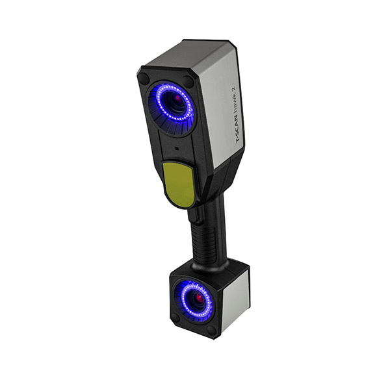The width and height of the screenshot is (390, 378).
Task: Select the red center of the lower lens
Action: [198, 297]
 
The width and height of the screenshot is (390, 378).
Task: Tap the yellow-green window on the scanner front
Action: [178, 183]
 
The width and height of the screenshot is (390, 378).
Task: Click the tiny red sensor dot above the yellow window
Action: [177, 149]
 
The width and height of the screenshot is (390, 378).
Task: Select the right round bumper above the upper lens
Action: [188, 81]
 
